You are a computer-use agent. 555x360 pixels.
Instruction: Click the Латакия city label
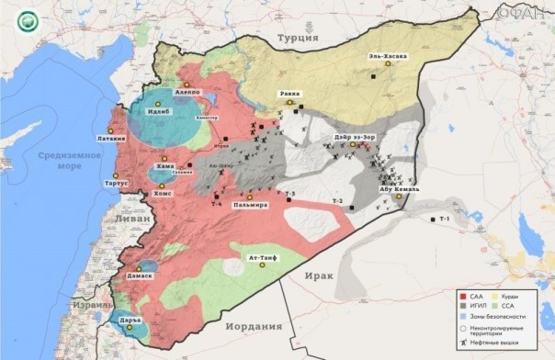[107, 140]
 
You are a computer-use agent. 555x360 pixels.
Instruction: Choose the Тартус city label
[109, 183]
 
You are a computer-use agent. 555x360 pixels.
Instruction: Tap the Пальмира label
[250, 205]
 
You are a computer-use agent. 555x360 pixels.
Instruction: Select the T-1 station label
[445, 219]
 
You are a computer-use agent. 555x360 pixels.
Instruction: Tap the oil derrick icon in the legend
[463, 342]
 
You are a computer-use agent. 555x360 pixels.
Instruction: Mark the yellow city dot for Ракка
[290, 103]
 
